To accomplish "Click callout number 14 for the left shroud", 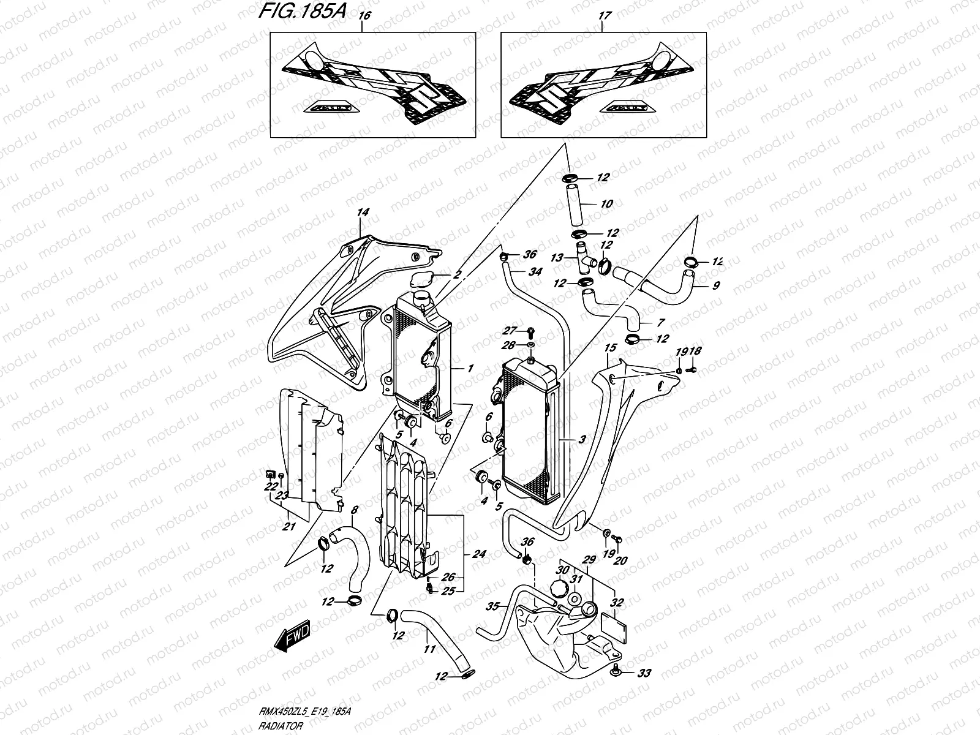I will (x=363, y=213).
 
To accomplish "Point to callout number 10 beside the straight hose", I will (x=606, y=204).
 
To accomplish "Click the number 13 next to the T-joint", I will (x=556, y=258).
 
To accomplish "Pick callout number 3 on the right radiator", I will (x=581, y=439).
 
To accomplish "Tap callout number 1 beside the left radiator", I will (x=470, y=368).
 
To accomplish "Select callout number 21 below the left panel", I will (x=288, y=526).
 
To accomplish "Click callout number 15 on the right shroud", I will (x=609, y=348).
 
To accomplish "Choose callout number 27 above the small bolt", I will (x=511, y=331).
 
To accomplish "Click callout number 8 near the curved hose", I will (x=354, y=510).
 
